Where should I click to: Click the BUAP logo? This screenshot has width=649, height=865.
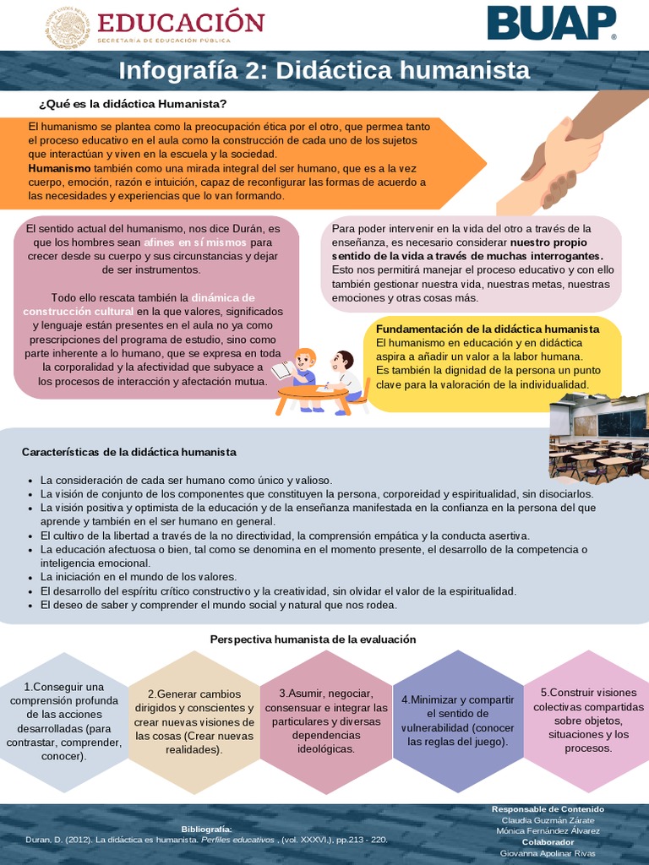click(551, 23)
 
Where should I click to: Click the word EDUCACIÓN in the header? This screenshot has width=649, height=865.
click(181, 22)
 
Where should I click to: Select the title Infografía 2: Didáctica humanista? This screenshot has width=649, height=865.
click(324, 70)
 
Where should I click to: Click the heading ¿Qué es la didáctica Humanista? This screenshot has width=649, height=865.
click(133, 104)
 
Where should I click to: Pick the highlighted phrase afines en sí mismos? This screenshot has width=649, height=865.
click(195, 242)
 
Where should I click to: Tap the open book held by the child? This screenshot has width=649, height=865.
click(282, 370)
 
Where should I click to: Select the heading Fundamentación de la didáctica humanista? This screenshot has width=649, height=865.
click(488, 329)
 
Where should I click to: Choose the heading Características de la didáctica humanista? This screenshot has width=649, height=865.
click(128, 453)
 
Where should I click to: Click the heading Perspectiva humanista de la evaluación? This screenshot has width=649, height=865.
click(314, 639)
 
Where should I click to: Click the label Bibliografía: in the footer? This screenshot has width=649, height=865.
click(206, 830)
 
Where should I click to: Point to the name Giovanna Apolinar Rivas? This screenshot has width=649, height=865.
click(548, 853)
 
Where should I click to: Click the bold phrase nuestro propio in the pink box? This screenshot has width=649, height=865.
click(554, 242)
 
